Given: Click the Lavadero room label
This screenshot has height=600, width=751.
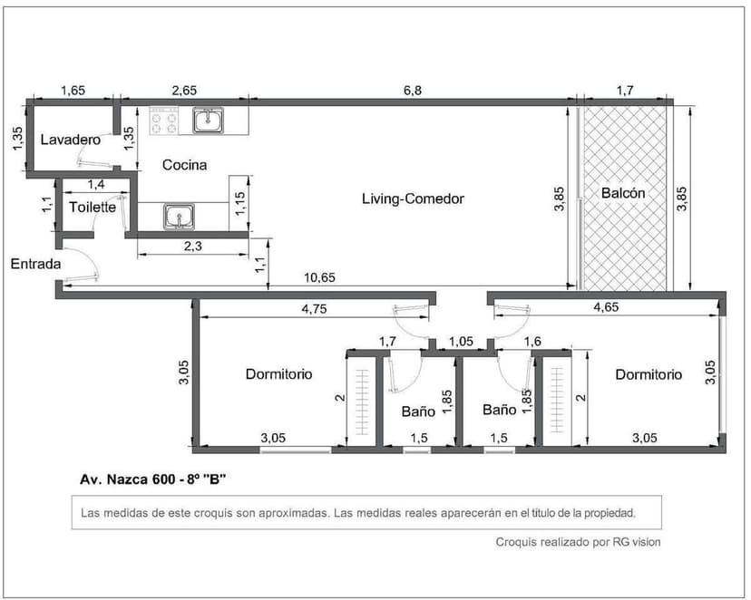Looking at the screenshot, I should click(x=69, y=140).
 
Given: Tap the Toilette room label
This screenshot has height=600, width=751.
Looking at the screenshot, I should click(x=93, y=207).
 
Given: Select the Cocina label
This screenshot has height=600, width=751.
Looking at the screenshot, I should click(x=184, y=165).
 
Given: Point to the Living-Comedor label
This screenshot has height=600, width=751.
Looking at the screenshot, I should click(x=413, y=198).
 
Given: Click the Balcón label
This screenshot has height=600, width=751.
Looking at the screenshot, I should click(x=623, y=193).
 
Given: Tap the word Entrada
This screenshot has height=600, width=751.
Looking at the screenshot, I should click(x=35, y=265).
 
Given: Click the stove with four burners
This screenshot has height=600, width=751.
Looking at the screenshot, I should click(x=164, y=120).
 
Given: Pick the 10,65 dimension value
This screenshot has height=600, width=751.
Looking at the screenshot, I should click(x=319, y=277).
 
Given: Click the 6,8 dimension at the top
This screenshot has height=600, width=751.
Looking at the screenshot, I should click(x=412, y=90).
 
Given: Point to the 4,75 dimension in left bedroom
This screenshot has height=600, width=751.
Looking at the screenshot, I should click(x=315, y=308).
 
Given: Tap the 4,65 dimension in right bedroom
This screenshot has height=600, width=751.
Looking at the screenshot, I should click(x=606, y=308).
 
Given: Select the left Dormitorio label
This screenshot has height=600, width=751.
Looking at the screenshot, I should click(x=278, y=373).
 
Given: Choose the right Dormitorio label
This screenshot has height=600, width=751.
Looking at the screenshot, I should click(x=648, y=373).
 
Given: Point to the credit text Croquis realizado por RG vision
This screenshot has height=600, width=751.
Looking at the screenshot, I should click(x=578, y=542).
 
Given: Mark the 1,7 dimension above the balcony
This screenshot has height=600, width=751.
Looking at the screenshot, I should click(x=625, y=90).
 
